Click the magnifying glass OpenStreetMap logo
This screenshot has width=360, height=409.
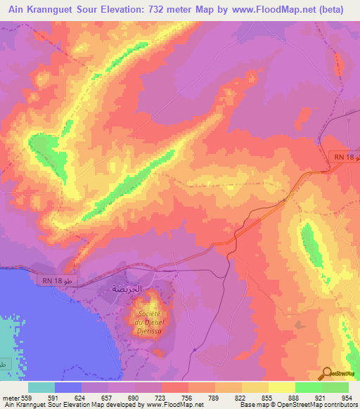coord(327,374)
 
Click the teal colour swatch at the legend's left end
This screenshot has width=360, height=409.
coord(41,387)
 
